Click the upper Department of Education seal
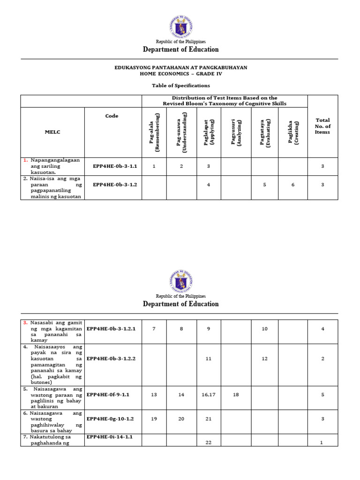coord(180,27)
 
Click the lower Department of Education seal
coord(180,281)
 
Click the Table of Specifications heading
coord(180,85)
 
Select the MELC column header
coord(52,132)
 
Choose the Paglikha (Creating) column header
coord(293,132)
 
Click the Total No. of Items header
coord(322,126)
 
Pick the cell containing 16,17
coord(209,395)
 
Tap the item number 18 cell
coord(236,395)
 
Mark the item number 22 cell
coord(209,443)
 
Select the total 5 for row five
coord(322,395)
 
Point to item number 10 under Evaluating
coord(265,329)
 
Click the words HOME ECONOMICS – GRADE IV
coord(180,74)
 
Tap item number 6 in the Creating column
coord(293,185)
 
